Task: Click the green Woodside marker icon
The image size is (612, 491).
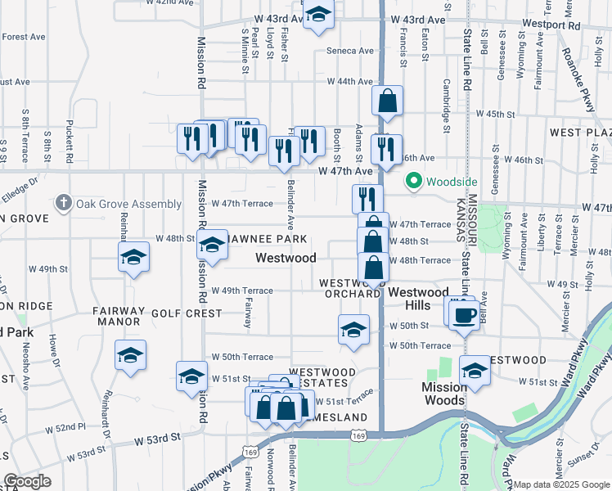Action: [414, 181]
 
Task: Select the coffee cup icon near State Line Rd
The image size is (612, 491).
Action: [464, 313]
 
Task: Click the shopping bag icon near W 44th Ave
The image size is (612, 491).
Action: [388, 101]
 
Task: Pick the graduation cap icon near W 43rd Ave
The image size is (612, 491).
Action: [318, 14]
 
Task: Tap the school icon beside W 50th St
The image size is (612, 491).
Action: [353, 330]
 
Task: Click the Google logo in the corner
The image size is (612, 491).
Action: [27, 481]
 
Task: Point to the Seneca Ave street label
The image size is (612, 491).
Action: [349, 51]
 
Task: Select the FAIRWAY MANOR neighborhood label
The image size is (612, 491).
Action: [118, 317]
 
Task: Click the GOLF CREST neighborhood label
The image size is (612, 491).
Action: [191, 313]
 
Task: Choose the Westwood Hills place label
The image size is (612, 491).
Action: [417, 299]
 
